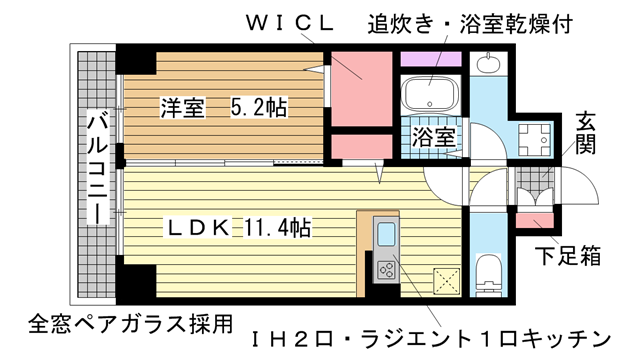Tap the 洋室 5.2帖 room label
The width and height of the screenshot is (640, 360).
point(222,107)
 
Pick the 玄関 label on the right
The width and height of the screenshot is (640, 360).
point(585,136)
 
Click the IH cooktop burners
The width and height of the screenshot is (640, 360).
point(386,268)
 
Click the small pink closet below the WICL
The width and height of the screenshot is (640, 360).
point(360,145)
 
